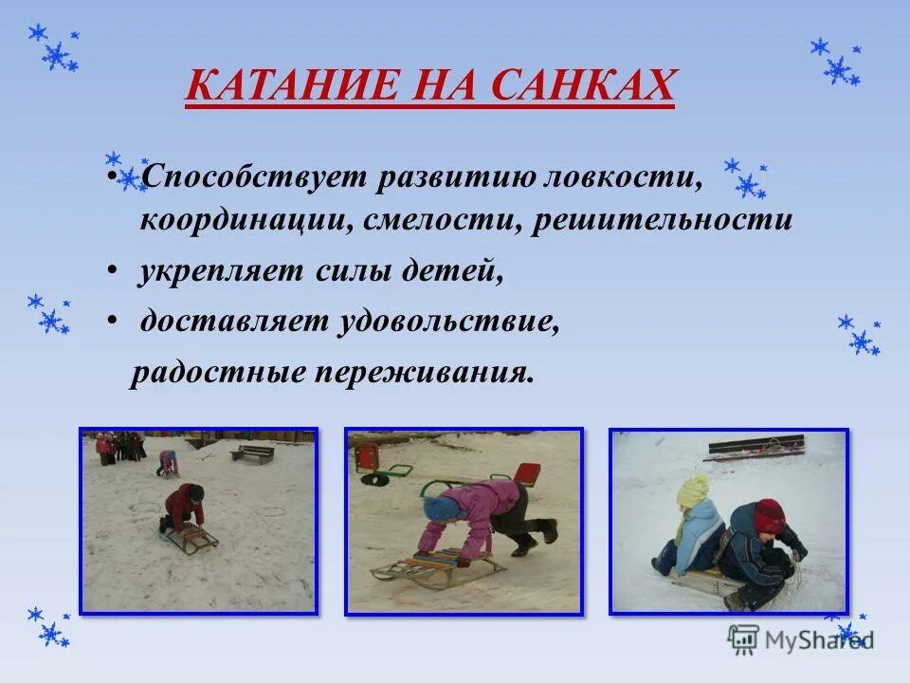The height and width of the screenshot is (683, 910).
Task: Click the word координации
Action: pyautogui.click(x=245, y=221)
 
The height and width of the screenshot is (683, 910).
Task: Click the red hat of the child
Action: pyautogui.click(x=770, y=516)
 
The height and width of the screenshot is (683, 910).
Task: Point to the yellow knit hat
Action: pyautogui.click(x=693, y=490)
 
